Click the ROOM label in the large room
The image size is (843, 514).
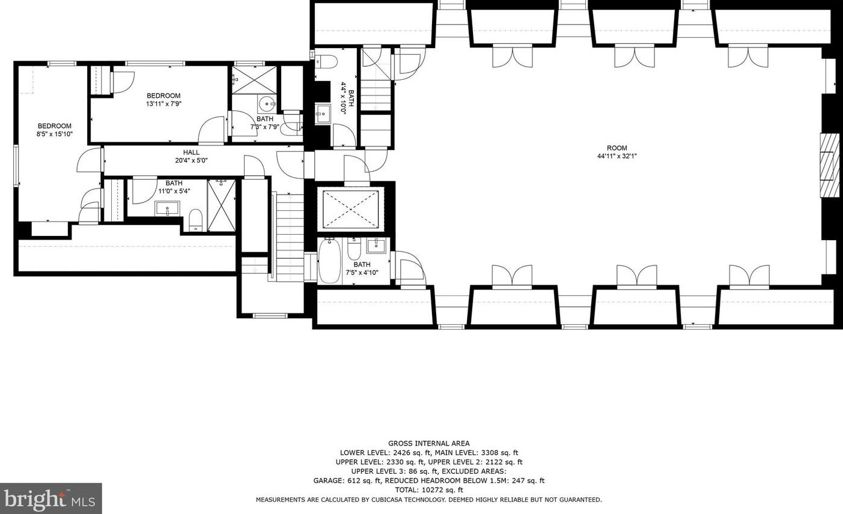point(617,148)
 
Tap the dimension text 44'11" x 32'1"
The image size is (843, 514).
point(617,156)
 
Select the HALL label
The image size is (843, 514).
point(191,153)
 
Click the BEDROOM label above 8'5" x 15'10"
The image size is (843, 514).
point(55,126)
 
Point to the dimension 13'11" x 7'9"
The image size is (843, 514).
point(163,104)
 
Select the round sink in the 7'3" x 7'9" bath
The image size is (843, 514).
point(268,103)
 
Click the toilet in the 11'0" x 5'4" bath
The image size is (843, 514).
point(195,220)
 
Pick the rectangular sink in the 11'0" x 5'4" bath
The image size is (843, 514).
point(167,208)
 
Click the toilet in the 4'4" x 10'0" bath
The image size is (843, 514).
point(326,61)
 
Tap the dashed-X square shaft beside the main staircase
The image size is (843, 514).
point(350,209)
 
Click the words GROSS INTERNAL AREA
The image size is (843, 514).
point(428,443)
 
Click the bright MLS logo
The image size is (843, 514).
point(50,498)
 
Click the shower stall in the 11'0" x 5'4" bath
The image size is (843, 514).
point(221,205)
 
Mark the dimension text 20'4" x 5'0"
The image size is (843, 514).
point(191,160)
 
